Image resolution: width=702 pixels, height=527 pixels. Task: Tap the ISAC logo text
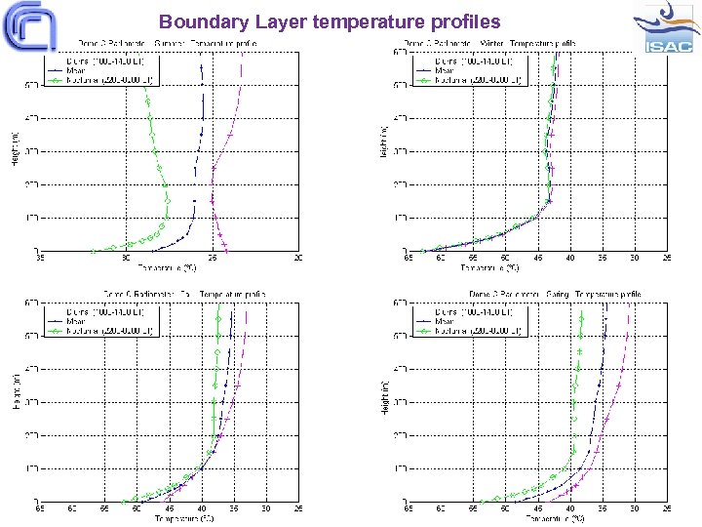[668, 45]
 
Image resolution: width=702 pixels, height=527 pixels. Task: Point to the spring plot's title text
[554, 293]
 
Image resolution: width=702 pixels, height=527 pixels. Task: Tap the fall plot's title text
[185, 293]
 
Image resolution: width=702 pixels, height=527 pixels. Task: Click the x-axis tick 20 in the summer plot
[297, 258]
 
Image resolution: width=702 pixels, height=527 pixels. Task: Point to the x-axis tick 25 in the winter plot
[666, 258]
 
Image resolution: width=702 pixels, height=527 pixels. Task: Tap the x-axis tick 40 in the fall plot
[201, 508]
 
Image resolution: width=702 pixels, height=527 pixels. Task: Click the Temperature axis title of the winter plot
[537, 266]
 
